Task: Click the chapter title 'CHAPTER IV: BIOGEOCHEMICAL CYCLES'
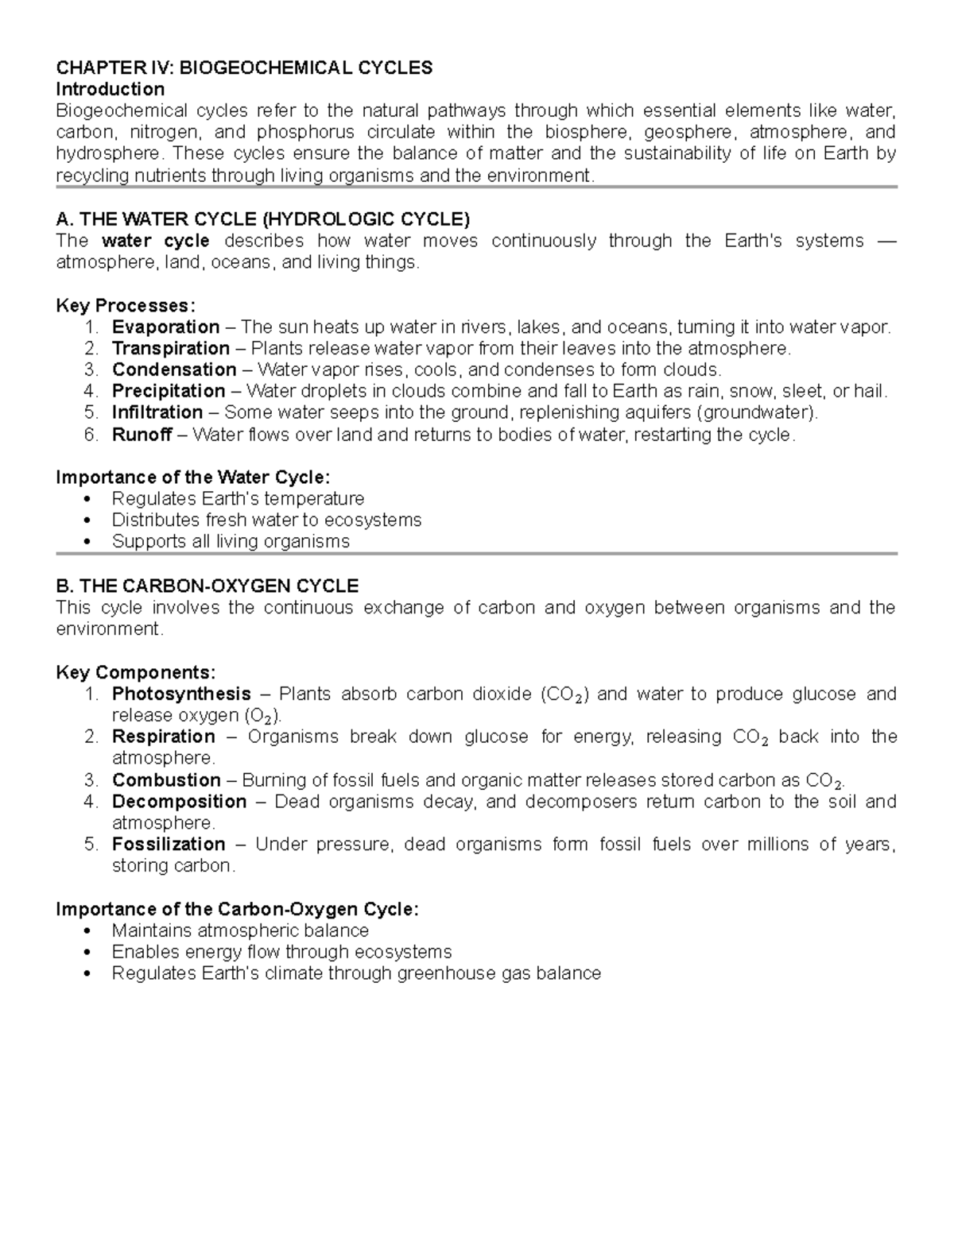coord(244,68)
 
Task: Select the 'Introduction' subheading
coord(110,89)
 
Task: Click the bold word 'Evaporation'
coord(165,327)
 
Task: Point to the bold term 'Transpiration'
coord(170,349)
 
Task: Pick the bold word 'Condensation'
coord(174,370)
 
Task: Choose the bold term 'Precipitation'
coord(169,392)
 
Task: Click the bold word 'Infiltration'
coord(157,413)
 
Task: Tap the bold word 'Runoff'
coord(142,435)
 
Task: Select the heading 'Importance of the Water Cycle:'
coord(192,478)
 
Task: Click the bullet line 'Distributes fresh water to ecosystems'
coord(266,520)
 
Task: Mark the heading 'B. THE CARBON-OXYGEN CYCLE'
coord(207,586)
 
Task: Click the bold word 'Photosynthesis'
coord(181,694)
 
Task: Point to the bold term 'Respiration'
coord(164,737)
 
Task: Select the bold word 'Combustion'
coord(166,780)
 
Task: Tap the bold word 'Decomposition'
coord(179,802)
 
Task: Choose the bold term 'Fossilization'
coord(169,845)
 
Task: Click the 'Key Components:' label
coord(135,673)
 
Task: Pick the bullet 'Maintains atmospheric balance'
coord(240,931)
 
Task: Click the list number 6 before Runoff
coord(91,435)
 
